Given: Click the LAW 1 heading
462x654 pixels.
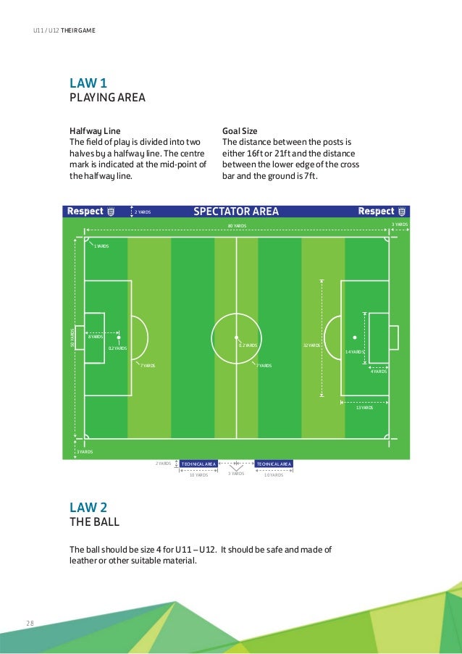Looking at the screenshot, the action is click(88, 83).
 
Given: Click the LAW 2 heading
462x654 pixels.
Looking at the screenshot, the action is click(88, 507).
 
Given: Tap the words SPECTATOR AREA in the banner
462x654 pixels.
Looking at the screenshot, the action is click(236, 211).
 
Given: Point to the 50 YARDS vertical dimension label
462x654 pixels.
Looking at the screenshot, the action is click(72, 337).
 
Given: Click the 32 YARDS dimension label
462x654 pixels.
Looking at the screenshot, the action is click(311, 345).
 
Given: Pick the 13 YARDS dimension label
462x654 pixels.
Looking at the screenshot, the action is click(364, 408).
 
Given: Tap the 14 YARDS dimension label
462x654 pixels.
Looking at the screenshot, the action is click(353, 351).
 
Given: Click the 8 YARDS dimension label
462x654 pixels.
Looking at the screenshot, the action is click(95, 337).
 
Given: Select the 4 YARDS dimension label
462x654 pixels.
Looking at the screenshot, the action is click(378, 372).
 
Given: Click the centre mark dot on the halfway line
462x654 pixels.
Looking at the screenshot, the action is click(236, 338).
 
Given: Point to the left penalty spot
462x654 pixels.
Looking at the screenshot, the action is click(119, 338).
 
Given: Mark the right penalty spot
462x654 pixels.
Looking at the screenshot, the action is click(354, 338).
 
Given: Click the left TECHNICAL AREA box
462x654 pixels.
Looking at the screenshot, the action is click(198, 464).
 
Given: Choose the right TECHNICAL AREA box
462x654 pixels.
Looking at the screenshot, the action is click(274, 464).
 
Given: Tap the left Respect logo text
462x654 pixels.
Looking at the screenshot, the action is click(85, 211).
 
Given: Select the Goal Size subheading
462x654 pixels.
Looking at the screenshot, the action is click(240, 131).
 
